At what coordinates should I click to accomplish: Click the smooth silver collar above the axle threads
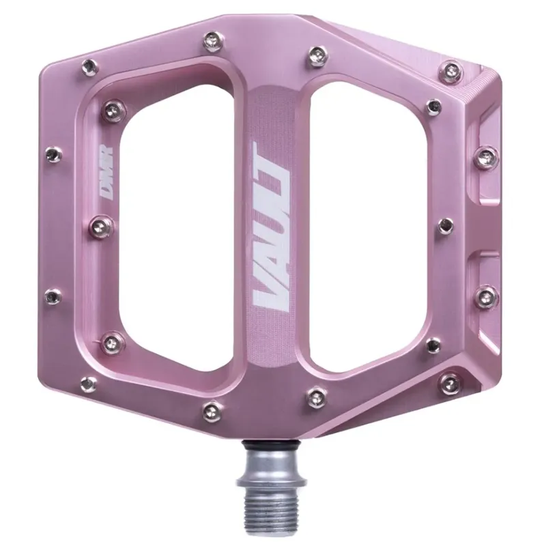[269, 471]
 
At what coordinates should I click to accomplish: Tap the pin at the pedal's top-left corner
[89, 66]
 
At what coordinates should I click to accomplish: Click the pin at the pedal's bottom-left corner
[88, 384]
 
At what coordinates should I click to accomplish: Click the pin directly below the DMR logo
[102, 223]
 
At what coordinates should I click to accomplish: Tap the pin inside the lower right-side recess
[486, 296]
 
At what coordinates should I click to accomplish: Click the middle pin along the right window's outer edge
[445, 225]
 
